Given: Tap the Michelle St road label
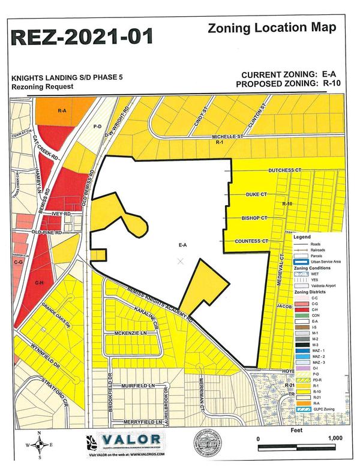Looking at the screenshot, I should pyautogui.click(x=228, y=137).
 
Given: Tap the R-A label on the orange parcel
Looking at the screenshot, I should pyautogui.click(x=62, y=111).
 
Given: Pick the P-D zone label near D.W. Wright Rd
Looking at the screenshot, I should pyautogui.click(x=97, y=127).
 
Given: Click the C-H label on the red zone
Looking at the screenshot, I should pyautogui.click(x=39, y=282).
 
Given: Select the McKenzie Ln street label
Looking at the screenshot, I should pyautogui.click(x=131, y=333).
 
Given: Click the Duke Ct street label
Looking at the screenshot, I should pyautogui.click(x=255, y=196).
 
